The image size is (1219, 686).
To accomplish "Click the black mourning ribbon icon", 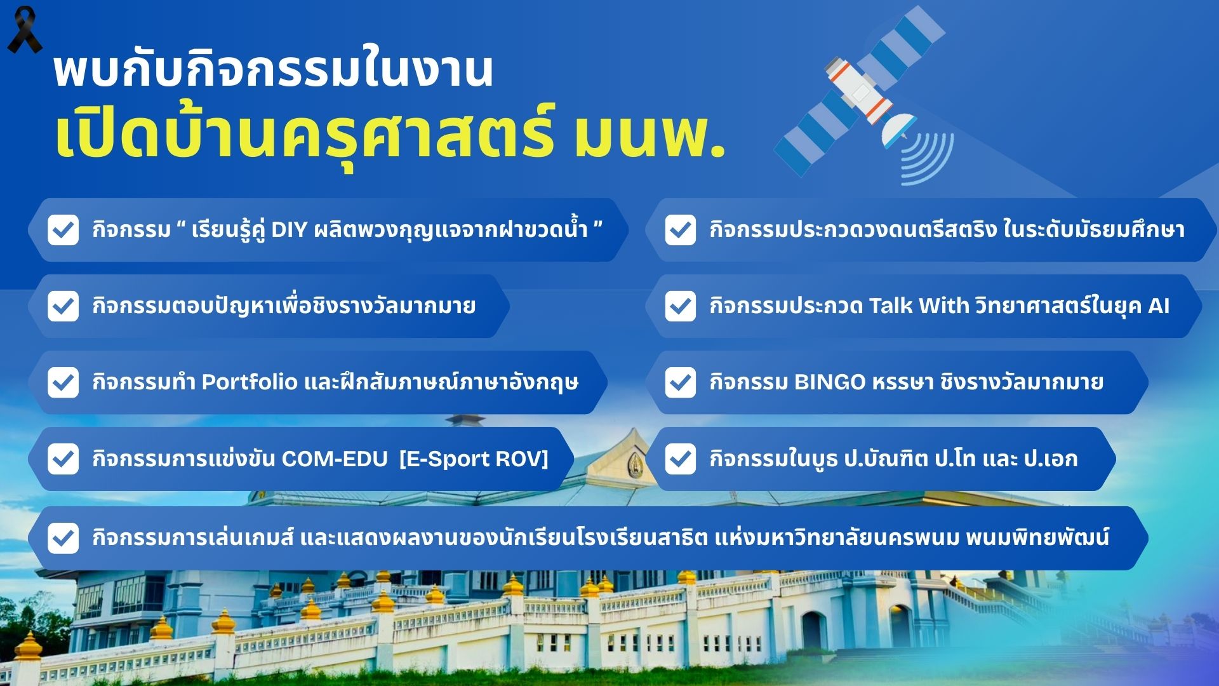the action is (x=24, y=30).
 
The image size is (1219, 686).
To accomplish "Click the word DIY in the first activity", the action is (x=289, y=229).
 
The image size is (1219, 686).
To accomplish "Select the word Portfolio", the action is (x=250, y=382).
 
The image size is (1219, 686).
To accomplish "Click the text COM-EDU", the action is (x=335, y=459).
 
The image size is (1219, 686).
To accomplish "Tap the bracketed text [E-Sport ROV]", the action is (x=474, y=459).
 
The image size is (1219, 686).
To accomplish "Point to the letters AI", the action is (x=1159, y=306).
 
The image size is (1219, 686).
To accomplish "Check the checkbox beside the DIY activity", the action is (x=63, y=230).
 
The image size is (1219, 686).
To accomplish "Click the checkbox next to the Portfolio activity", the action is (x=63, y=382).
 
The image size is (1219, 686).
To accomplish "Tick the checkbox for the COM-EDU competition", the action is (x=63, y=459).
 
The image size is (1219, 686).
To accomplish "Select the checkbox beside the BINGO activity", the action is (x=681, y=382).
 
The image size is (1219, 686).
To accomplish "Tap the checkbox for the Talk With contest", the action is (x=681, y=306).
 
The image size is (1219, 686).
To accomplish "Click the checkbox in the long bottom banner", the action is (x=63, y=538).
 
